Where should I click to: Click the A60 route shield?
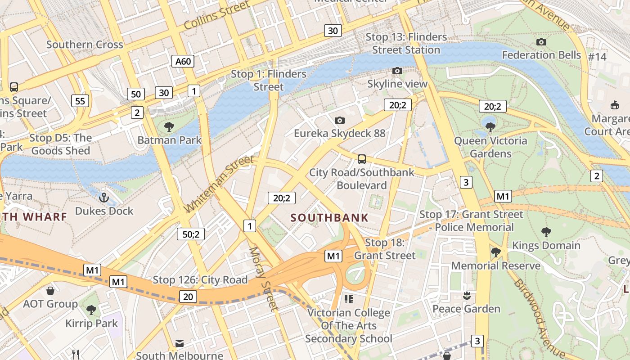pos(183,61)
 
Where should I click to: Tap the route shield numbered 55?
pos(80,101)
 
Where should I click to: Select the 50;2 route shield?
pos(191,234)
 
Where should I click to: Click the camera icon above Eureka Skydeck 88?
pos(340,120)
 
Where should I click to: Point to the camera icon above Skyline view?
pos(397,71)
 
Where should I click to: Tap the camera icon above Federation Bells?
pos(541,42)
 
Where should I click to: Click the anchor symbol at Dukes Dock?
pos(104,197)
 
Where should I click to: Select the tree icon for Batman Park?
pos(169,126)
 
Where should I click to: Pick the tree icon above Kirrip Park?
pos(91,310)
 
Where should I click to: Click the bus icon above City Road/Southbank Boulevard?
pos(361,159)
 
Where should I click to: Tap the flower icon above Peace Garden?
pos(466,295)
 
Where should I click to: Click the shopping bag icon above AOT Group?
pos(50,290)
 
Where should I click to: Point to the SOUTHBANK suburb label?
pos(329,218)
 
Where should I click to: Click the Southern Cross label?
pos(85,45)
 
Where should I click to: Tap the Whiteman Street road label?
pos(220,184)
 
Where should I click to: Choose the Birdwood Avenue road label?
pos(539,317)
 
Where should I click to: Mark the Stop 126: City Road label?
pos(200,280)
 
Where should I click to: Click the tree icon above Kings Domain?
pos(546,232)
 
